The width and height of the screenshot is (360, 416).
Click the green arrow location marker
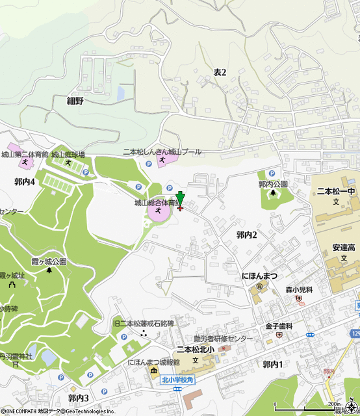(180, 200)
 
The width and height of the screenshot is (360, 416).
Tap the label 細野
(75, 101)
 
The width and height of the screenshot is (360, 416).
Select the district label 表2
(220, 73)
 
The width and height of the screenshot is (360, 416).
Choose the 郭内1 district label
(272, 364)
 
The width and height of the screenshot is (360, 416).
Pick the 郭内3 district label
(78, 397)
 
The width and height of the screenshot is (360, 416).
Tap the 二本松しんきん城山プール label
(162, 151)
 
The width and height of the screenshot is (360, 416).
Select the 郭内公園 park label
(273, 185)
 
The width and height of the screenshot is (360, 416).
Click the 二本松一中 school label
(337, 192)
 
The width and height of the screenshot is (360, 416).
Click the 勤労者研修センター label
(223, 339)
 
